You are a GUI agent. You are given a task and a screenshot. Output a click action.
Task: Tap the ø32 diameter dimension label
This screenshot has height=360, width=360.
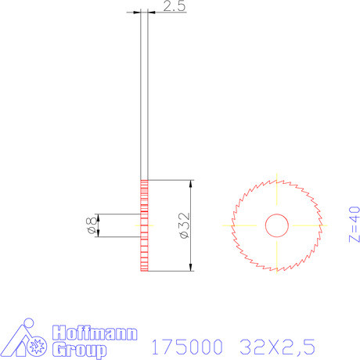[x=182, y=225]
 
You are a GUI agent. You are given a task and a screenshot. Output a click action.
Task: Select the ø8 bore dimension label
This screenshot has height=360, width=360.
[x=88, y=226]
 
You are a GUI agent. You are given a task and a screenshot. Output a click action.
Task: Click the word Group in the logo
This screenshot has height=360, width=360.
[x=77, y=348]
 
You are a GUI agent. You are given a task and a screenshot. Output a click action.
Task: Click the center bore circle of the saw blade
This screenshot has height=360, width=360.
[x=276, y=225]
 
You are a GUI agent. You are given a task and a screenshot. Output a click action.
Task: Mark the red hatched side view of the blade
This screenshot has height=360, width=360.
[x=144, y=225]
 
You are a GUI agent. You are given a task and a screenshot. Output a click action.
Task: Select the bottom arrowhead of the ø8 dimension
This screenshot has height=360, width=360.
[x=98, y=234]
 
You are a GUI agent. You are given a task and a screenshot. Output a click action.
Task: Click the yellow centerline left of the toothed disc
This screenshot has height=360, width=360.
[x=228, y=225]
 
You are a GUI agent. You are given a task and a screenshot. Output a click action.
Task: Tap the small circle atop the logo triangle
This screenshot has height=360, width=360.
[x=28, y=323]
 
